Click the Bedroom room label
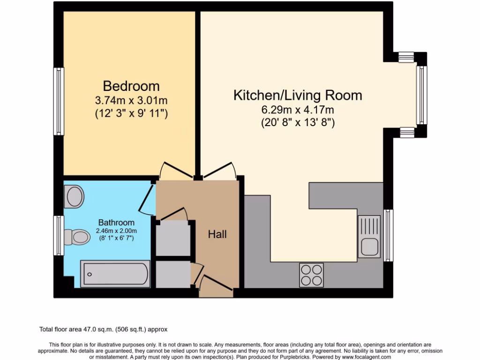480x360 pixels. coord(131,86)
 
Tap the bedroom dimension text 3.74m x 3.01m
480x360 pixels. coord(131,100)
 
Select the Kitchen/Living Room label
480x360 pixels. coord(298,95)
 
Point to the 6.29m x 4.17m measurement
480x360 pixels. coord(298,110)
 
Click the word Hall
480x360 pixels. coord(217,234)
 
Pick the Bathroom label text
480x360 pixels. coord(116,223)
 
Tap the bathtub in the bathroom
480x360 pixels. coord(115,274)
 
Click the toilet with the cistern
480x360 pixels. coord(76,237)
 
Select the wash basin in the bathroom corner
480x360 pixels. coord(75,196)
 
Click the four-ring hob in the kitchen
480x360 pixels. coord(311,275)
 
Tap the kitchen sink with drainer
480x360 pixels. coord(369,237)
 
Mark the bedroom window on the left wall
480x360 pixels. coord(58,101)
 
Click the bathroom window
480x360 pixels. coord(58,235)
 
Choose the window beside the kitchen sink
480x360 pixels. coord(389,235)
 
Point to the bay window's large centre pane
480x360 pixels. coord(422,95)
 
